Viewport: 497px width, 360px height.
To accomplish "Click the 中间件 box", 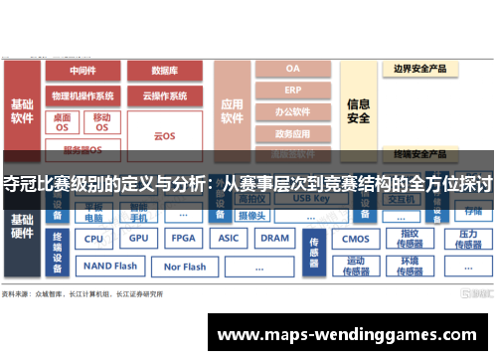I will (x=83, y=71).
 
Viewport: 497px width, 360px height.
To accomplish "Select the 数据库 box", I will (x=164, y=71).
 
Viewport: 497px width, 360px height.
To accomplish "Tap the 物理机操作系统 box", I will (x=83, y=95).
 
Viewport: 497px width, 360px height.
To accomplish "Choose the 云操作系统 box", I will (x=164, y=95).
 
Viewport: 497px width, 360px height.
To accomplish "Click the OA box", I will (x=292, y=69).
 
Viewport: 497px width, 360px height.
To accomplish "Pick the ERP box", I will (x=292, y=90).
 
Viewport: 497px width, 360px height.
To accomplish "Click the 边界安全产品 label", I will (x=419, y=70).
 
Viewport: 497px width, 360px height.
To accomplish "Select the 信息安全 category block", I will (x=359, y=110).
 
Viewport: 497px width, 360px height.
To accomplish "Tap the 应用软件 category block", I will (x=233, y=110).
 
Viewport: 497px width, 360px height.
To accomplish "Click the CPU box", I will (x=93, y=239).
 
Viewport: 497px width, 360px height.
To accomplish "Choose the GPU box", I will (x=139, y=239).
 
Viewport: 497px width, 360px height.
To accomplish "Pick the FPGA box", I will (x=183, y=239).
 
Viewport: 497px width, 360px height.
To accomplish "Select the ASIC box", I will (x=229, y=239).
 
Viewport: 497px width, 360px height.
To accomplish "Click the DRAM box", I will (x=274, y=239).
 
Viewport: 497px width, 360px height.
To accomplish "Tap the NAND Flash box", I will (x=110, y=267).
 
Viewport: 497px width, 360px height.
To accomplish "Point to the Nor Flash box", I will (x=184, y=267).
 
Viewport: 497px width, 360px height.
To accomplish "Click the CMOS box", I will (x=355, y=239).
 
